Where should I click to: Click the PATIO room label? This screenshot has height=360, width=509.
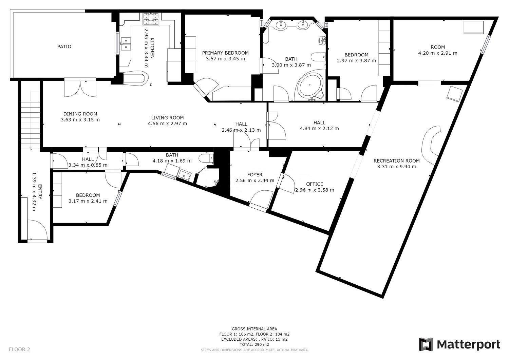point(64,46)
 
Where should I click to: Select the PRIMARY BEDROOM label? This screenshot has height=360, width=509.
point(225,53)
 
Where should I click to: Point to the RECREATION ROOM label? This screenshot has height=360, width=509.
point(397,161)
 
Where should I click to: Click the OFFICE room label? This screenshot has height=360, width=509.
point(315,184)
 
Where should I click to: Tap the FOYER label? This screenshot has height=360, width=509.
point(255,175)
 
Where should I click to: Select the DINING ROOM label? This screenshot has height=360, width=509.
point(80,114)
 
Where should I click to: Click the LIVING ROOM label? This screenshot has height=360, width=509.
point(168,118)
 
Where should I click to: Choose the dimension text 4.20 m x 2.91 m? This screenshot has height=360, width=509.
point(438,53)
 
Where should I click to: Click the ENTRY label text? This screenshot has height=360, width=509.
point(40,192)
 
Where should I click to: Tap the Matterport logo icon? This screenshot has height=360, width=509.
point(426,344)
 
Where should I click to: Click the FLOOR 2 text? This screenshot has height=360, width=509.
point(19,349)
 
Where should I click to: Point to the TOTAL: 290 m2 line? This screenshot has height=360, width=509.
point(254,344)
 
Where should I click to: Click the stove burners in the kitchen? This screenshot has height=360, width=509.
point(150,19)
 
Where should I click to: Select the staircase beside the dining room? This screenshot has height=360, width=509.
point(30,119)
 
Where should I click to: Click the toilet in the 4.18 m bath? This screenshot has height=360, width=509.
point(206,158)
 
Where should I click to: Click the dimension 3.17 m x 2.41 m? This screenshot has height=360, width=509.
point(88,201)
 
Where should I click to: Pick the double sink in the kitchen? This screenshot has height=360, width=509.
point(126,44)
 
